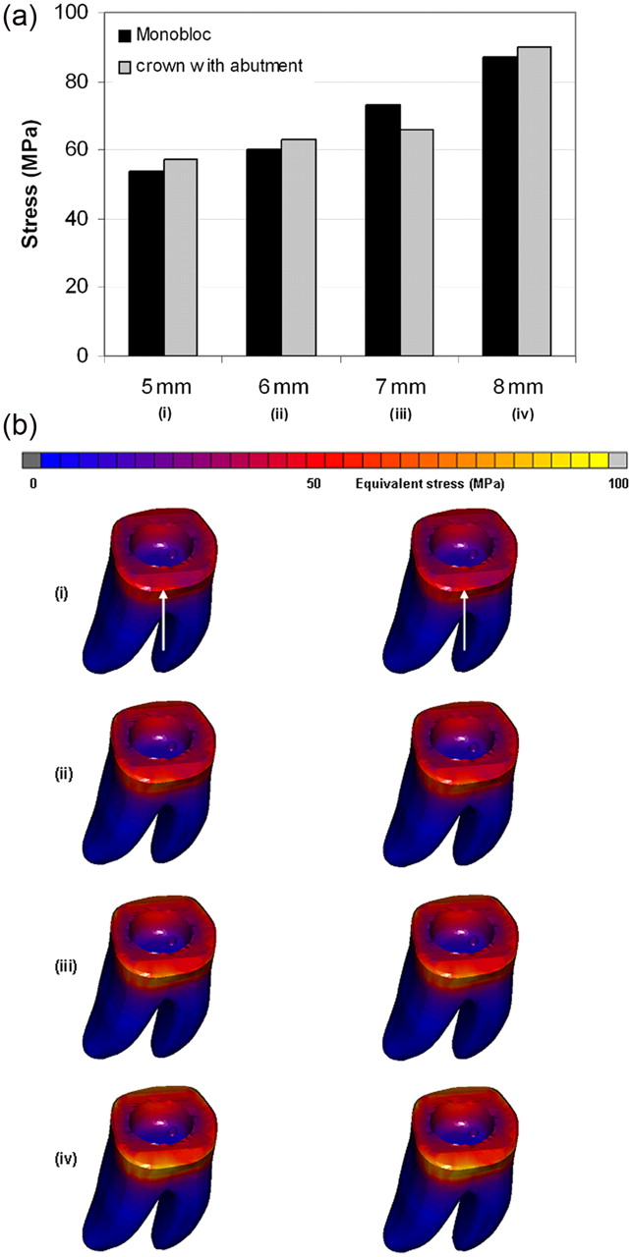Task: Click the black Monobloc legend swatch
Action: coord(125,36)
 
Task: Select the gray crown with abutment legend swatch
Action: coord(125,66)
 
